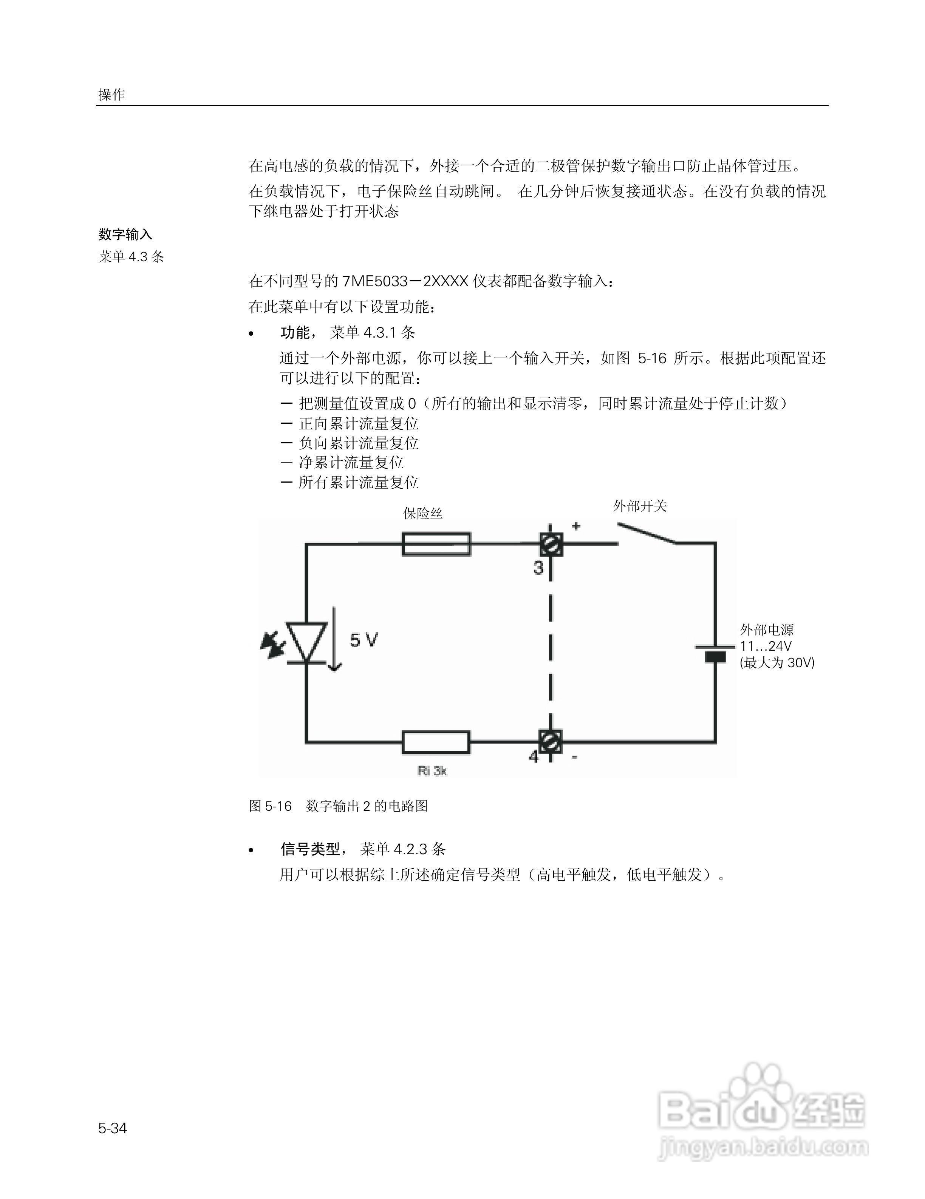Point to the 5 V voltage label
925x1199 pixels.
click(364, 640)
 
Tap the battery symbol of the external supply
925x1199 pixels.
click(715, 653)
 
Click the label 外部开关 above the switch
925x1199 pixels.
click(640, 506)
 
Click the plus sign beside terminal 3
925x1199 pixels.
click(575, 526)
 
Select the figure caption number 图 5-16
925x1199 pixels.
click(270, 806)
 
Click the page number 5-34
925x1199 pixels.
click(113, 1128)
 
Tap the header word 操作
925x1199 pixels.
click(111, 94)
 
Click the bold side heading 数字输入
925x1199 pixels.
click(125, 235)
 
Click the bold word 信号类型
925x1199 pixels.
click(310, 849)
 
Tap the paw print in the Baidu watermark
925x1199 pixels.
click(762, 1086)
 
